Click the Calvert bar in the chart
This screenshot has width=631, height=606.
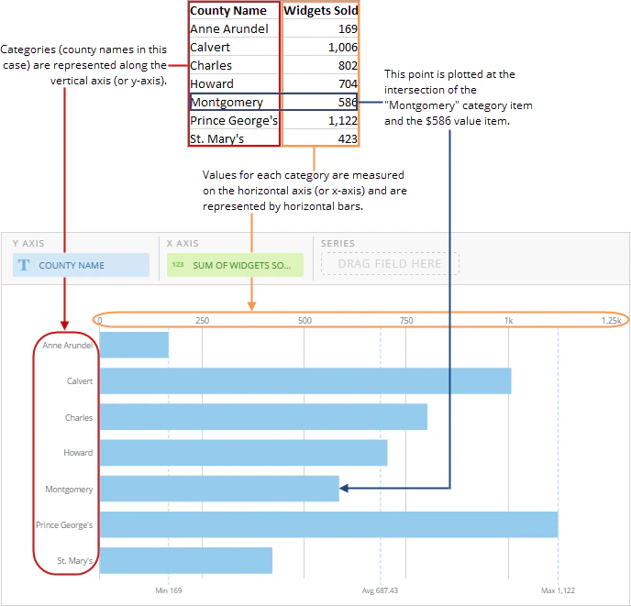point(305,380)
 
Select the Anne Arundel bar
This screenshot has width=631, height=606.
point(134,345)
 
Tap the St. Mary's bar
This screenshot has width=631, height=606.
point(186,560)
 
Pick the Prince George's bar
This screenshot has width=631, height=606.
point(328,524)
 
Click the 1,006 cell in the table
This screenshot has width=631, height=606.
point(343,47)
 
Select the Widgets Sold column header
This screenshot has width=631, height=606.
point(321,10)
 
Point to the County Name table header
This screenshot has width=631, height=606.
point(228,10)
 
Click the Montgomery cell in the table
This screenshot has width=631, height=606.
point(227,102)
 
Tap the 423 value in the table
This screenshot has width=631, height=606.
point(348,138)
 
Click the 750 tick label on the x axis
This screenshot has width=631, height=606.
point(406,320)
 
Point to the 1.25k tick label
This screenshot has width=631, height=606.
point(612,320)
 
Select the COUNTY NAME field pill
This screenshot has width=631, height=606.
point(81,265)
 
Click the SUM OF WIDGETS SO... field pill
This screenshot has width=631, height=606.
point(235,265)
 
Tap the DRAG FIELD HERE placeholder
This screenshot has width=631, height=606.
point(390,263)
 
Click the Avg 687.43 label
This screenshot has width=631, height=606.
point(380,590)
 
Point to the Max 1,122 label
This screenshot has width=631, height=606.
point(558,590)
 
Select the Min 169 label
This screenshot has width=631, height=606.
point(169,590)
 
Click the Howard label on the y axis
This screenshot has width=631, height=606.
point(78,453)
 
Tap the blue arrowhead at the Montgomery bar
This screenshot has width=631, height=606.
point(344,488)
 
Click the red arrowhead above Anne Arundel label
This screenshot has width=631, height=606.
point(64,325)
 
